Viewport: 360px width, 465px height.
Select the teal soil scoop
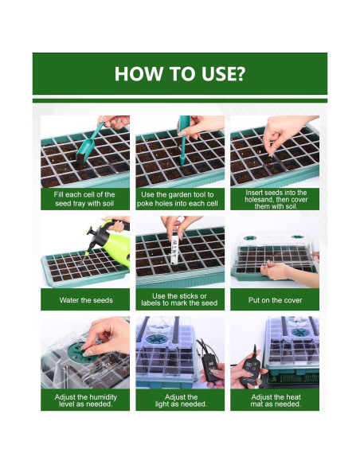click(88, 145)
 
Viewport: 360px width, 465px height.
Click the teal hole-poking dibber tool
click(183, 139)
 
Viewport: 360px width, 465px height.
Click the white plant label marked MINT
click(174, 249)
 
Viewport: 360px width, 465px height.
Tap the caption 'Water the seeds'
click(86, 300)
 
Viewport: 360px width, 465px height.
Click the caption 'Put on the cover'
click(275, 300)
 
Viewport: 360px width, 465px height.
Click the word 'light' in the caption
click(161, 404)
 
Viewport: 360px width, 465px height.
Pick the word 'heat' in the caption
click(294, 397)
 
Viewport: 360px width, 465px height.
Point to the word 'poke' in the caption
click(144, 204)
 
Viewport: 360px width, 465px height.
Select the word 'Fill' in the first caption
click(58, 194)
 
